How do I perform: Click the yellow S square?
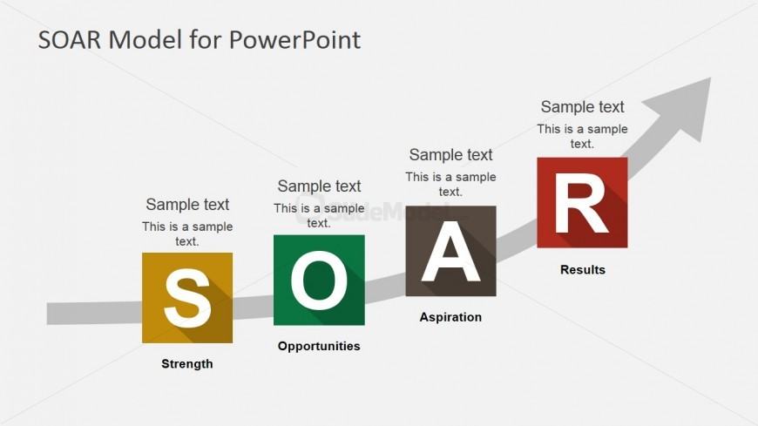coord(187,298)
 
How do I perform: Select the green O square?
coord(319,280)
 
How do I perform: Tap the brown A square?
coord(450,251)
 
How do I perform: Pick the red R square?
coord(582,202)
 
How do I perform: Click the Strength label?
coord(187,363)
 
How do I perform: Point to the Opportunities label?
coord(319,346)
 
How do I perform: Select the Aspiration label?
coord(450,317)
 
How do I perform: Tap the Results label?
coord(582,269)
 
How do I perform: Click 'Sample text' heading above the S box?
coord(187,205)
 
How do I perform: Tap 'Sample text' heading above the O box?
coord(319,186)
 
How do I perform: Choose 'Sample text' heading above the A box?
coord(450,155)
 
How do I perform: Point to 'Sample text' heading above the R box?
coord(582,107)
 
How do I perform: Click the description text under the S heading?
coord(187,233)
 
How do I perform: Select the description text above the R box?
coord(582,136)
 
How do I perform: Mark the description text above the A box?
coord(450,184)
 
